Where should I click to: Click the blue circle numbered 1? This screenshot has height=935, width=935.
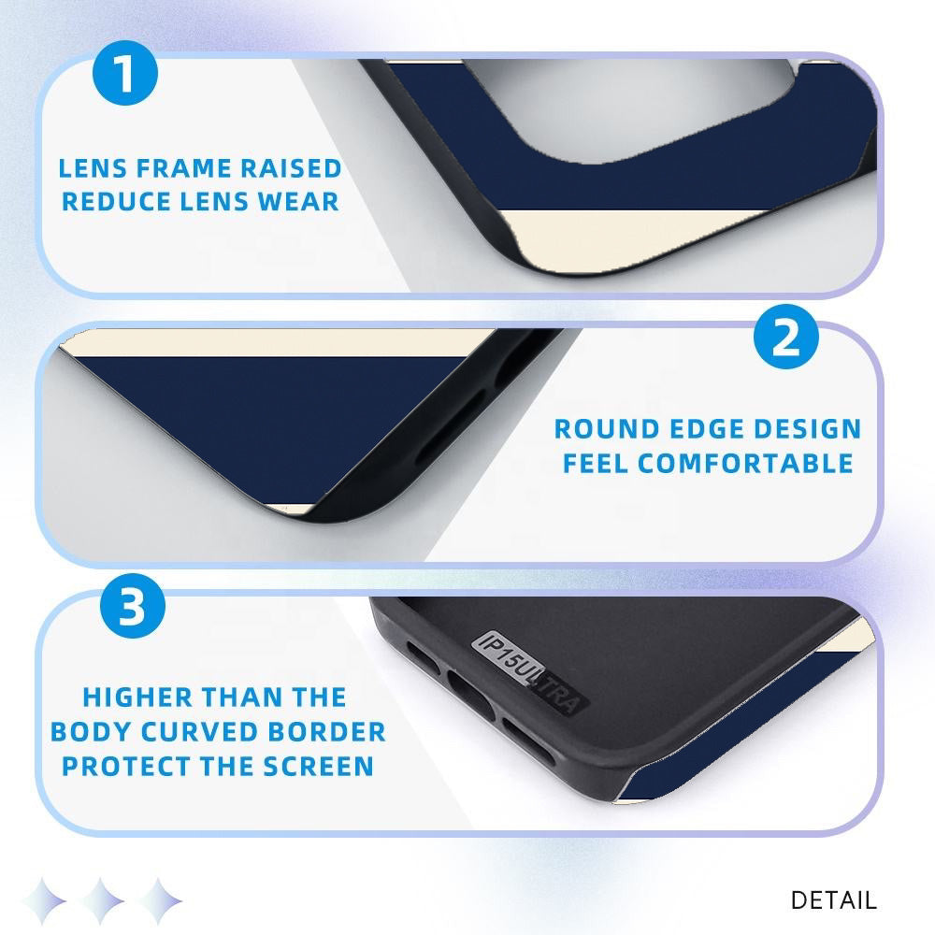click(x=125, y=73)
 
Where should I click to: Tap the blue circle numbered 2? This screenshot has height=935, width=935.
click(x=786, y=337)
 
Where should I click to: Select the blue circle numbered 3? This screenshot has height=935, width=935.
click(x=133, y=606)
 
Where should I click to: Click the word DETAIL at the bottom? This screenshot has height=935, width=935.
click(x=834, y=900)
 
